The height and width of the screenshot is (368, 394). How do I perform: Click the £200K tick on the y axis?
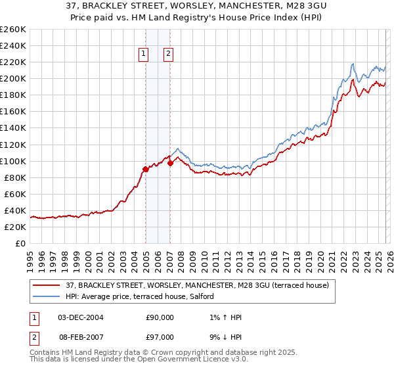13,79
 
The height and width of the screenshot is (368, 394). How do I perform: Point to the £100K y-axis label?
13,161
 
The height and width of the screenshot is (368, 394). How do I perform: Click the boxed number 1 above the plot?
144,55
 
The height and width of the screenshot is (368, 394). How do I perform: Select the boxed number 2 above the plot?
169,55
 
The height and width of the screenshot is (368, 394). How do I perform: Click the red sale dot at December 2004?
145,169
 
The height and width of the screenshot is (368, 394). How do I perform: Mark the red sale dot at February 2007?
170,163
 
